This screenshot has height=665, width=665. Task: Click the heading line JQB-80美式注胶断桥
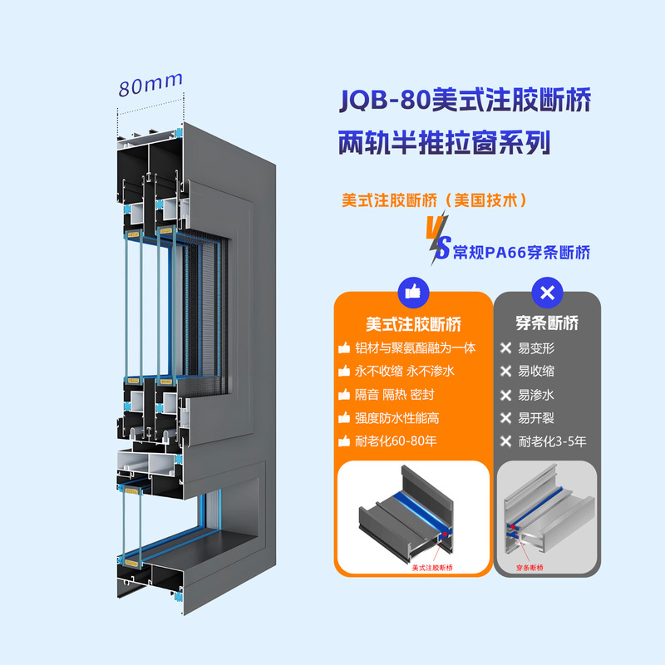tap(465, 101)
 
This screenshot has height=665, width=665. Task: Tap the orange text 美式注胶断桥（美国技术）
tap(435, 201)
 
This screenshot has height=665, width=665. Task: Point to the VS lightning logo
tap(438, 236)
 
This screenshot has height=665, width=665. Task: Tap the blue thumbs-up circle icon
tap(413, 291)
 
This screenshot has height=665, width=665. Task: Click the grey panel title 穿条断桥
tap(548, 324)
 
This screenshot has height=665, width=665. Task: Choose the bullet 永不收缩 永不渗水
tap(405, 371)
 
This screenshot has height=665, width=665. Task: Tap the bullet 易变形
tap(536, 347)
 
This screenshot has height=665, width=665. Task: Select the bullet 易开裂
tap(536, 418)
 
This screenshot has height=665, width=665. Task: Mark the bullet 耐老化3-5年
tap(552, 441)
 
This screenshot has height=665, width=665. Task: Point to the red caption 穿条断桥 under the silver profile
tap(530, 568)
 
